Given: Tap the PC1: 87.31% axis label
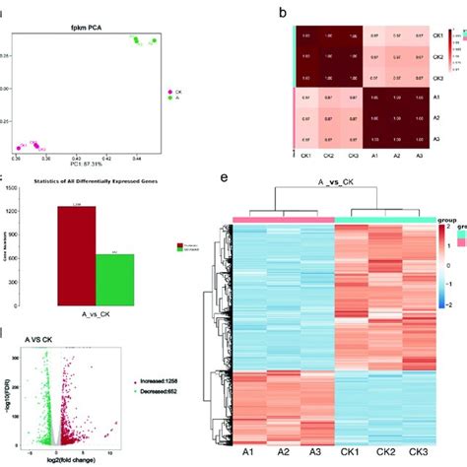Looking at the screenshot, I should tap(86, 162).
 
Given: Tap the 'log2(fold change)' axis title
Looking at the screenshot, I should tap(86, 460).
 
